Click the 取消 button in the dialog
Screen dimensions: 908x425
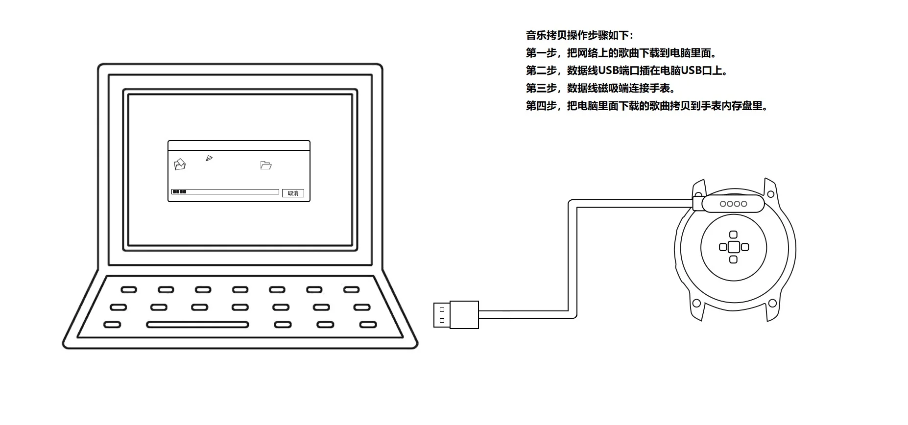(x=293, y=193)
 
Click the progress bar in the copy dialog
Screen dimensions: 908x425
(x=225, y=192)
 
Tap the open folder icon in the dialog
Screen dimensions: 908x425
(x=266, y=165)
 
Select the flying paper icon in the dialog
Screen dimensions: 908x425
(x=209, y=158)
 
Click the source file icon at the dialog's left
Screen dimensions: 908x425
(x=180, y=165)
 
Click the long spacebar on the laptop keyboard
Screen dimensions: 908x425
(x=197, y=325)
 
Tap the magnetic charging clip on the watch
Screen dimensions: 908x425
(x=733, y=204)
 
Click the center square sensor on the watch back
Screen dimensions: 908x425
(x=733, y=247)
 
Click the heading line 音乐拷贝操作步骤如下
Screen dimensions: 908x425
(x=579, y=35)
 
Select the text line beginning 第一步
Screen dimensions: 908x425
(x=621, y=53)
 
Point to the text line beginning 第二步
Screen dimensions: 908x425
(x=627, y=71)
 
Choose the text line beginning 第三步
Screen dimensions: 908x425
(x=600, y=88)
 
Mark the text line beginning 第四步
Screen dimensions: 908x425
(x=646, y=106)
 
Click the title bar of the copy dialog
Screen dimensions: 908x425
(x=239, y=145)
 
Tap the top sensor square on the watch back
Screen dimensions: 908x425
(x=733, y=235)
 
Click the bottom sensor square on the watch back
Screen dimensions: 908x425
(x=733, y=260)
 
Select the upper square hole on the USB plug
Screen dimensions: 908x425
(x=442, y=309)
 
